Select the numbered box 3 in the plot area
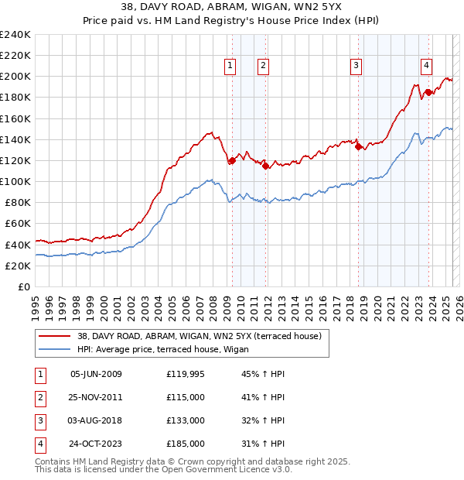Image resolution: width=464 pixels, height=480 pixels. (x=356, y=66)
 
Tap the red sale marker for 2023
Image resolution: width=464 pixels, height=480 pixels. (x=428, y=93)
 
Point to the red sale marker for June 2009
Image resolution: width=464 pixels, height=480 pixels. (x=231, y=161)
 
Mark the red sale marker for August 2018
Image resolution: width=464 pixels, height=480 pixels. (x=358, y=147)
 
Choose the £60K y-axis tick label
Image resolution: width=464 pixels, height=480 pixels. (x=17, y=223)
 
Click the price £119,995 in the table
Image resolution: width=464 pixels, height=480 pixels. (x=186, y=375)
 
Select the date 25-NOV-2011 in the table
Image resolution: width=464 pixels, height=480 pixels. (x=96, y=397)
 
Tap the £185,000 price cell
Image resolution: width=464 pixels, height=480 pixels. (x=186, y=444)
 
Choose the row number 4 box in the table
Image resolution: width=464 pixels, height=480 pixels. (x=39, y=444)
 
